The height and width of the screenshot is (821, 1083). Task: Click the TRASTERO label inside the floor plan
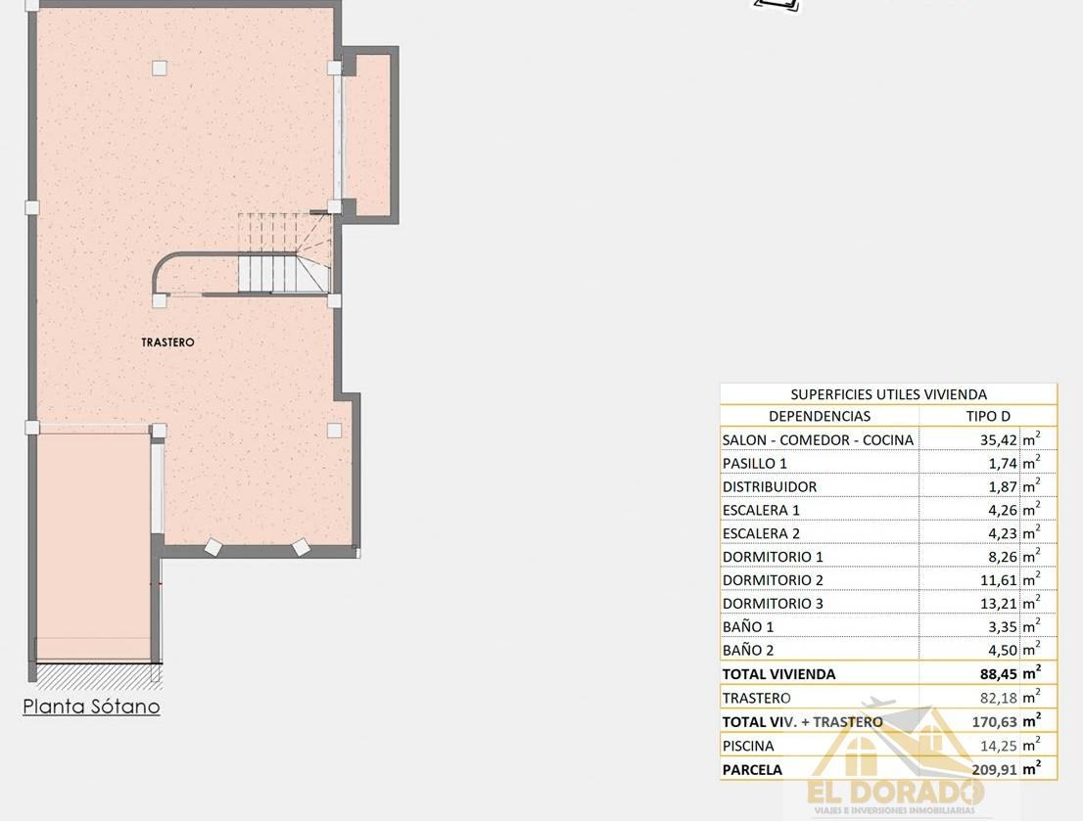point(167,342)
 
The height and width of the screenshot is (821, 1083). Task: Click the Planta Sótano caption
point(91,707)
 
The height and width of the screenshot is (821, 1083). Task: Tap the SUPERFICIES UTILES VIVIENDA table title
point(888,394)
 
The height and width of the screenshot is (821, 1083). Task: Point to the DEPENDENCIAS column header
point(819,417)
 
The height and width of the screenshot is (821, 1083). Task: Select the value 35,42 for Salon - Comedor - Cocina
point(997,440)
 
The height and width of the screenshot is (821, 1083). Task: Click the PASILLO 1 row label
point(754,464)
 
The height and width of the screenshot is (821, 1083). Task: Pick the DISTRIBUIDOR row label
point(769,487)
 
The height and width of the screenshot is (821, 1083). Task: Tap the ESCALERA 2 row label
point(761,534)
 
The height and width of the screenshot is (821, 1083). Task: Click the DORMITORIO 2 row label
point(773,580)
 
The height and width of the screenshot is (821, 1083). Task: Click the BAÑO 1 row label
point(748,627)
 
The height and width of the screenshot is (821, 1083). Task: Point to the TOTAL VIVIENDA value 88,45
point(997,674)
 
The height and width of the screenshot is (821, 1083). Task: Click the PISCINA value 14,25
point(997,746)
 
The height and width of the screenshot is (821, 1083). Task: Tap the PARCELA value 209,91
point(993,769)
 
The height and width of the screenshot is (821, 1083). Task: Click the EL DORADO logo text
point(894,791)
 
